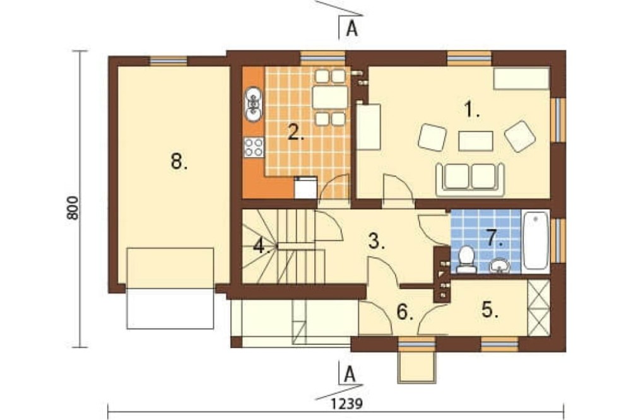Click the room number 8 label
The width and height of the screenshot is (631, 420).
[x=179, y=161]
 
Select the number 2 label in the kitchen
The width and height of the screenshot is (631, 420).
[x=295, y=132]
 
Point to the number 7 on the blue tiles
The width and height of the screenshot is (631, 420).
[x=495, y=238]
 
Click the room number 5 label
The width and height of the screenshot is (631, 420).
[x=490, y=310]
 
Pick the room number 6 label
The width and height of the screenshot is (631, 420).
[x=405, y=312]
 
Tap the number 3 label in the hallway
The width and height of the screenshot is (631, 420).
[x=377, y=242]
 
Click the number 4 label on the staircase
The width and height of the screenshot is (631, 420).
[x=261, y=246]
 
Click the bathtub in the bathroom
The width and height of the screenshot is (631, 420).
[x=536, y=241]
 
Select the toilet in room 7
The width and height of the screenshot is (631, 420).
[x=466, y=260]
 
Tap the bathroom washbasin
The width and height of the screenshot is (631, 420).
[x=499, y=265]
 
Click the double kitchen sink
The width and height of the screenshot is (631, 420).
[x=254, y=104]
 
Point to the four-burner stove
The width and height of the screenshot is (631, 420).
[x=254, y=147]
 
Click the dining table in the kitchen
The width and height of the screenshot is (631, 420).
[x=330, y=97]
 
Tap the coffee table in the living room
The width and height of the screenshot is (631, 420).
[x=476, y=141]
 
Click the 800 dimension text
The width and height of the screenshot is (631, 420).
[x=73, y=207]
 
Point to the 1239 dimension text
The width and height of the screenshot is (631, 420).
[x=346, y=404]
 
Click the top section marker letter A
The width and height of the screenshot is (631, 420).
[x=352, y=28]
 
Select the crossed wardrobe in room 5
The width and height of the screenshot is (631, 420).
[x=538, y=307]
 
